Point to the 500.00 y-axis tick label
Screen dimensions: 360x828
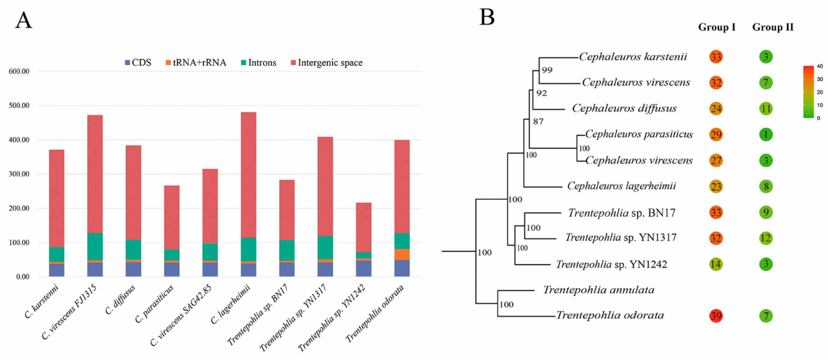click(x=19, y=105)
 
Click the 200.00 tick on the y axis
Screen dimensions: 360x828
click(x=19, y=208)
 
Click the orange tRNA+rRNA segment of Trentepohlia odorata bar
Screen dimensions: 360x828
click(x=402, y=254)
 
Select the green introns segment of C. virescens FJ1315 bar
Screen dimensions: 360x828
click(x=95, y=247)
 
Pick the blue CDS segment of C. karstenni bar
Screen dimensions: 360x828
click(x=57, y=270)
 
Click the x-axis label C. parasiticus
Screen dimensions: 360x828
click(x=154, y=304)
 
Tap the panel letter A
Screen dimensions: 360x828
click(x=23, y=21)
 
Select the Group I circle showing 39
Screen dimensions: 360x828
click(x=716, y=316)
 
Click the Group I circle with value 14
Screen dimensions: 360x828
click(x=716, y=264)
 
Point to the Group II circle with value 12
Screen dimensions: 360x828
click(x=766, y=238)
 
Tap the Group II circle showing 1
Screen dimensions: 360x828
click(x=766, y=134)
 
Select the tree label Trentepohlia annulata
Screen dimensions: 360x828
click(x=598, y=290)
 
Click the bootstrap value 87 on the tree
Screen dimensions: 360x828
click(x=538, y=122)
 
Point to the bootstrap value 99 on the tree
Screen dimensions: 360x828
click(x=547, y=70)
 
